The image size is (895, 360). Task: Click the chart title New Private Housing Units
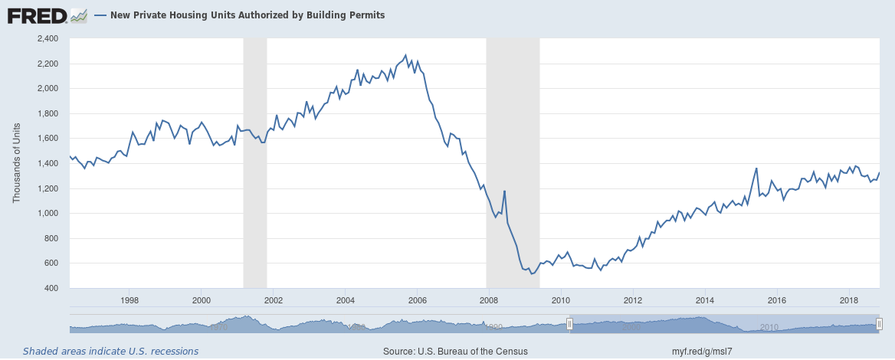pyautogui.click(x=246, y=15)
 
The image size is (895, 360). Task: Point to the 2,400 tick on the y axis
pyautogui.click(x=48, y=38)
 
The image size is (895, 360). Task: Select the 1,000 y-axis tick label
pyautogui.click(x=48, y=214)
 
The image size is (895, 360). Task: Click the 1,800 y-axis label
pyautogui.click(x=48, y=113)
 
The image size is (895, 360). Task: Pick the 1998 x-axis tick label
pyautogui.click(x=129, y=299)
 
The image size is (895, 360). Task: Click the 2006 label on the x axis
pyautogui.click(x=418, y=299)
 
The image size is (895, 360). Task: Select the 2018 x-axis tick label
pyautogui.click(x=849, y=299)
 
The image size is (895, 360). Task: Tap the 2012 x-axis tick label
pyautogui.click(x=633, y=299)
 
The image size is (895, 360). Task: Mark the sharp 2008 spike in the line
pyautogui.click(x=504, y=191)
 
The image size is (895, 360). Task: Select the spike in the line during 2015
pyautogui.click(x=756, y=169)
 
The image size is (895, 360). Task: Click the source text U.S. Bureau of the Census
pyautogui.click(x=455, y=352)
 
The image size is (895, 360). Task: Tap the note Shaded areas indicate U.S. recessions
pyautogui.click(x=110, y=352)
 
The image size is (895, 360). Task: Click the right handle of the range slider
pyautogui.click(x=879, y=324)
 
